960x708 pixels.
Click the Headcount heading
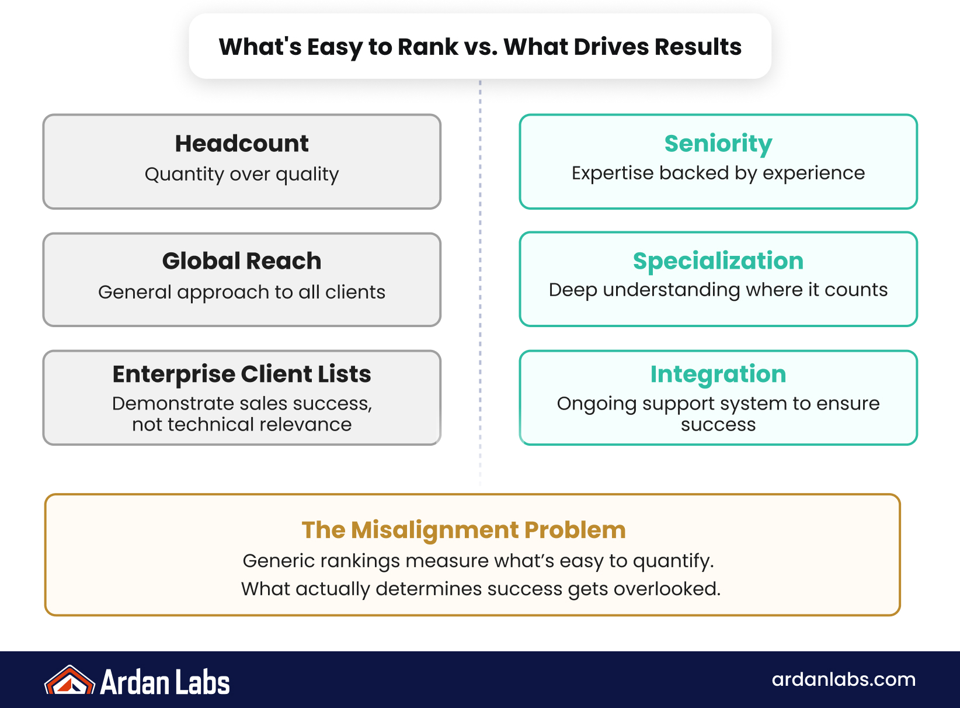point(242,144)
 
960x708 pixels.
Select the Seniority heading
point(718,144)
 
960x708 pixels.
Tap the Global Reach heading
point(242,261)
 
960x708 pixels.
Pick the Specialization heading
point(718,261)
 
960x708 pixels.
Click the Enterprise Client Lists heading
point(242,374)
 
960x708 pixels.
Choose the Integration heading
point(718,374)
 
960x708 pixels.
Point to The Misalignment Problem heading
point(464,530)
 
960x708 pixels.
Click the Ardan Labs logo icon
point(69,681)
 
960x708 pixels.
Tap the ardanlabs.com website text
point(843,679)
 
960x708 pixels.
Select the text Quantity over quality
point(242,174)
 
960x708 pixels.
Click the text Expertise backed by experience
point(718,173)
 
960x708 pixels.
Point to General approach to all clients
point(242,292)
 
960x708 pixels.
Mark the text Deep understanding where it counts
point(718,290)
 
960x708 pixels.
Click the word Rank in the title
point(428,47)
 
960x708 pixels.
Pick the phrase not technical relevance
point(242,425)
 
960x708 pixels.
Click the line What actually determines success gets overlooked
point(481,589)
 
